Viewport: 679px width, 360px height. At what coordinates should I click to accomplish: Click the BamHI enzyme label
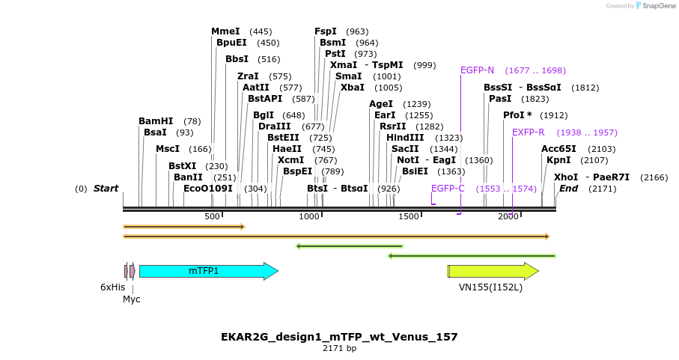[x=156, y=121]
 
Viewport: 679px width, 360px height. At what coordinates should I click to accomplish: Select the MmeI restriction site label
[x=225, y=31]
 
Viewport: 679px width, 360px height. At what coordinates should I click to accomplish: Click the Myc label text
[x=132, y=299]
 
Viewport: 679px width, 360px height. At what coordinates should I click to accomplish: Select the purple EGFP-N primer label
[x=477, y=70]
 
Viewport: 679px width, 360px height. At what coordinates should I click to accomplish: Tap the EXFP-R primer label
[x=529, y=132]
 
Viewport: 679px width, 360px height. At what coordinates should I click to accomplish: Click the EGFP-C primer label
[x=448, y=189]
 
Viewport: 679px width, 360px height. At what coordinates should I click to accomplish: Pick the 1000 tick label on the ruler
[x=309, y=216]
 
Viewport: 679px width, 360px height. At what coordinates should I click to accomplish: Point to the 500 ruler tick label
[x=212, y=216]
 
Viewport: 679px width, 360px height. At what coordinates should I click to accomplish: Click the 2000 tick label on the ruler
[x=508, y=216]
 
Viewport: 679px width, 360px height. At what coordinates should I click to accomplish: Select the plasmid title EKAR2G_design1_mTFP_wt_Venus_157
[x=339, y=337]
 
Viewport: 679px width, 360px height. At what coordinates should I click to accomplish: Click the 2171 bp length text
[x=339, y=349]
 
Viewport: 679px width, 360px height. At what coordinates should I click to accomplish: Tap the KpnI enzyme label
[x=558, y=160]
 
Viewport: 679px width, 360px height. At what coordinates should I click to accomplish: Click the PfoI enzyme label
[x=517, y=115]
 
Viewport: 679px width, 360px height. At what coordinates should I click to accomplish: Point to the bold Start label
[x=106, y=189]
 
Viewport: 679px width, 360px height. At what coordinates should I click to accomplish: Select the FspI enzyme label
[x=326, y=31]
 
